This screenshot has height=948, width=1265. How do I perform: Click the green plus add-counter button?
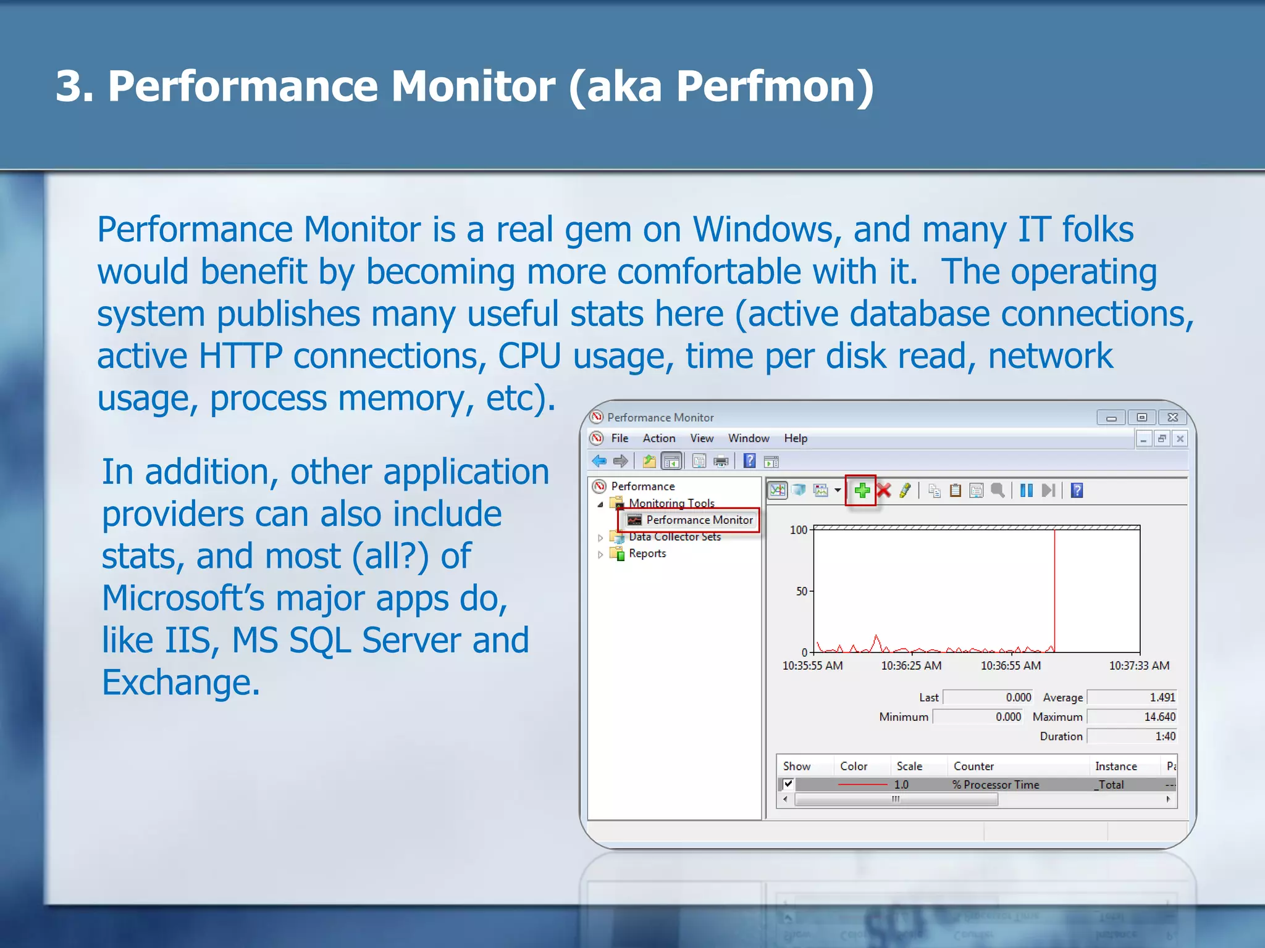pos(862,491)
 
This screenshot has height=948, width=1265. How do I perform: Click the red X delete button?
pos(884,491)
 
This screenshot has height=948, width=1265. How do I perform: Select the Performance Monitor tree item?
pos(699,520)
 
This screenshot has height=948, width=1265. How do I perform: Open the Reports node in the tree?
pos(647,554)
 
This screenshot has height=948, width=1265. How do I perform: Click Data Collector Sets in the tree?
pos(675,537)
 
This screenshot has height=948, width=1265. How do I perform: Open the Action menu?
pos(658,438)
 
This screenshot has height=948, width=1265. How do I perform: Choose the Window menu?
pos(748,438)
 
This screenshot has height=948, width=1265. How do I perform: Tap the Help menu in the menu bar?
pos(796,438)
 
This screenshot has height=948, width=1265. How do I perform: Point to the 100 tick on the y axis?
pos(799,530)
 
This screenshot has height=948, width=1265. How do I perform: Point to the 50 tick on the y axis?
pos(802,591)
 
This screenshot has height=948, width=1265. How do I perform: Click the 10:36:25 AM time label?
pos(911,666)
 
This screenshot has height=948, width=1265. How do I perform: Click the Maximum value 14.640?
pos(1159,717)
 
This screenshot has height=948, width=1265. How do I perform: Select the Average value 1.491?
pos(1162,697)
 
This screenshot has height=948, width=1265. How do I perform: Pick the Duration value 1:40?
pos(1165,736)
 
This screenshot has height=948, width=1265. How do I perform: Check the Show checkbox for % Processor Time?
pos(788,784)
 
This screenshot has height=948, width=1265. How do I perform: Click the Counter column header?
pos(973,767)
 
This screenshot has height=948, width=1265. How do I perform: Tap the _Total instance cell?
pos(1110,785)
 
